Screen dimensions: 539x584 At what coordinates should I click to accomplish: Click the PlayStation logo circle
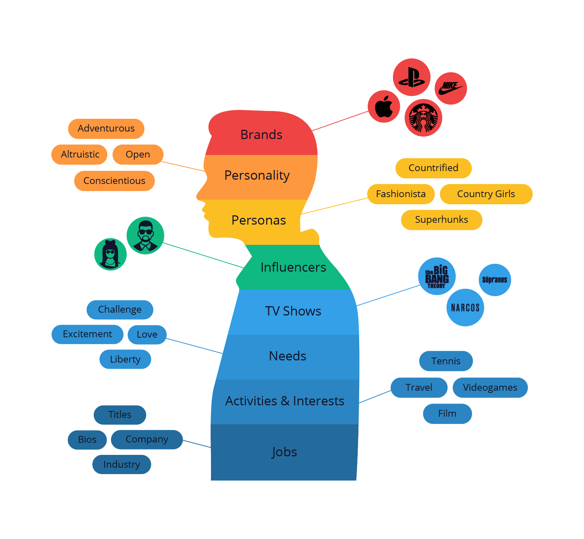412,77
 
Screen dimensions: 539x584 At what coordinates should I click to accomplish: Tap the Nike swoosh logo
451,88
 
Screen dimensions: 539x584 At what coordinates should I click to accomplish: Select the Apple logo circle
384,106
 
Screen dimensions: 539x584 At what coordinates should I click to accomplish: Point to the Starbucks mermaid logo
423,118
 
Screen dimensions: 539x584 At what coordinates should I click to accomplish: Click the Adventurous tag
106,128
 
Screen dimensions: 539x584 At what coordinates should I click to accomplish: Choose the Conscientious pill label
114,181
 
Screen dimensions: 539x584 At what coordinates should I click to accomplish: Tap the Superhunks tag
441,220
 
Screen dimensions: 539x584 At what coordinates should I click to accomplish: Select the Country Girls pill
486,194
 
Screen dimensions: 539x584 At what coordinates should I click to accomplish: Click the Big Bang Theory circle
437,276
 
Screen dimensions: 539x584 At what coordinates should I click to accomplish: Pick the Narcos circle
465,308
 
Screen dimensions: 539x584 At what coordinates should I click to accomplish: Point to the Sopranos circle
495,280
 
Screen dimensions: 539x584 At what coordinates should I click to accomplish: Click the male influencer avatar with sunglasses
145,235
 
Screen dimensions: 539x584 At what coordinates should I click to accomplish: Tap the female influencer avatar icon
110,254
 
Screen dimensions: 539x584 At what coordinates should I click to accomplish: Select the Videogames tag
490,387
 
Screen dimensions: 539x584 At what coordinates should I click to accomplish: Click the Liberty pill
125,359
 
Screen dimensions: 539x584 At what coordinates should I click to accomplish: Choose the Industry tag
122,464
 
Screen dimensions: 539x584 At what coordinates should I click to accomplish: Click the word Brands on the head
261,135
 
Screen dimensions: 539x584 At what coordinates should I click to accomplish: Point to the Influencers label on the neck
293,267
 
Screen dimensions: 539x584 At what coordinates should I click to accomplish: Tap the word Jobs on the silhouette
284,452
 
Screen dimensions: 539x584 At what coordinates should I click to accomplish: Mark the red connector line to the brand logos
340,121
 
